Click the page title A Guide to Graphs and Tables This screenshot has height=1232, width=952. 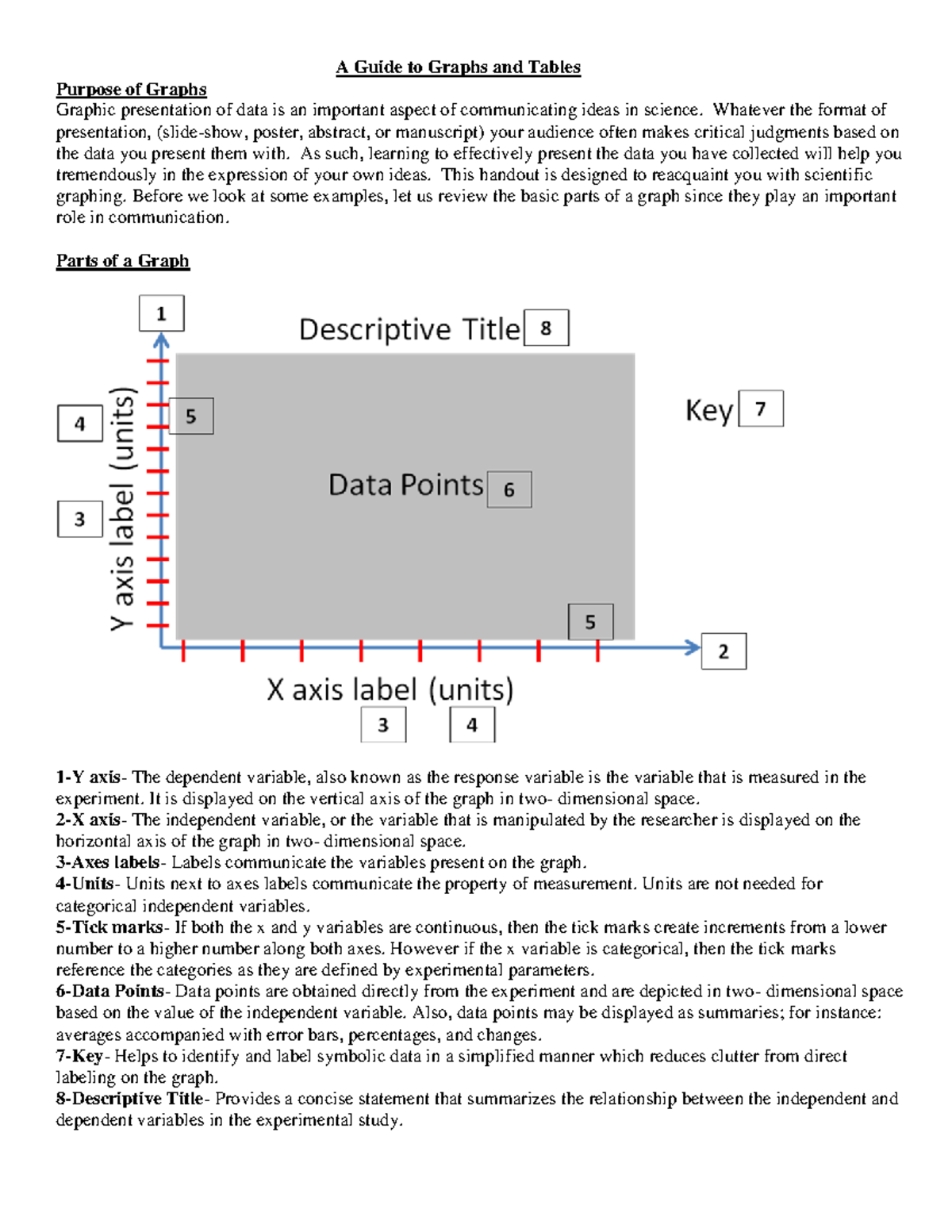[x=458, y=67]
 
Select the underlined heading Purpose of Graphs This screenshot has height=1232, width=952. [x=131, y=90]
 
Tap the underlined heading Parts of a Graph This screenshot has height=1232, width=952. [x=122, y=261]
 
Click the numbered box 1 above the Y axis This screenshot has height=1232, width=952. [x=162, y=313]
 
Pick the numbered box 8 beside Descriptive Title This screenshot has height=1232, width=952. [x=546, y=328]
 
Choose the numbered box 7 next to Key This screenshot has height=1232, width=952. [x=761, y=409]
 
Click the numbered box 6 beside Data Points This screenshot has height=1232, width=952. [x=509, y=489]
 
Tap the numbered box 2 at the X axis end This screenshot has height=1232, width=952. [x=724, y=651]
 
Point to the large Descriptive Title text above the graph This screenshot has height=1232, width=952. [x=409, y=329]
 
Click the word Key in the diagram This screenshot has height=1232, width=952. [x=708, y=411]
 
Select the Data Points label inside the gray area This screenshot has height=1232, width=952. [x=405, y=485]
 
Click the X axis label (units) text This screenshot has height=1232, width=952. [x=390, y=689]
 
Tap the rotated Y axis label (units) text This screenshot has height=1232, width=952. [x=123, y=509]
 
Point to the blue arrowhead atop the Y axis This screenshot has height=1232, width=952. [x=162, y=341]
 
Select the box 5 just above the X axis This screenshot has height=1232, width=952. [x=590, y=622]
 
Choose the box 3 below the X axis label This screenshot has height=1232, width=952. [x=383, y=725]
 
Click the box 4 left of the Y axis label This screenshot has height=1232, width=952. [x=79, y=424]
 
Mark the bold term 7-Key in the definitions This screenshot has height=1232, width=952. [x=79, y=1056]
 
